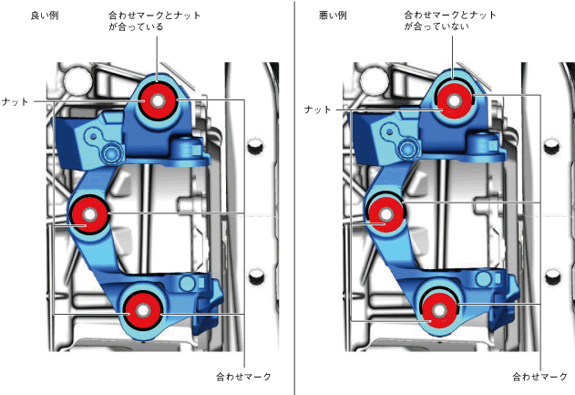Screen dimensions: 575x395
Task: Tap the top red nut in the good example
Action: pos(158,100)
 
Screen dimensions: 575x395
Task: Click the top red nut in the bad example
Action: pos(452,101)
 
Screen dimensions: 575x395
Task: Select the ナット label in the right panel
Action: pos(317,109)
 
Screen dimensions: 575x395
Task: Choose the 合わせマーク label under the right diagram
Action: pos(539,376)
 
